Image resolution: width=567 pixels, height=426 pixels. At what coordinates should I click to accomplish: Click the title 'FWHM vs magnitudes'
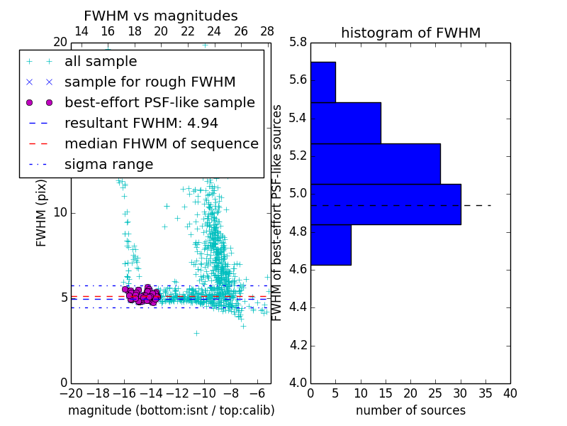[x=161, y=16]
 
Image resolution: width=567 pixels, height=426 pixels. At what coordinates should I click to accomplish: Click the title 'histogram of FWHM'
[x=410, y=33]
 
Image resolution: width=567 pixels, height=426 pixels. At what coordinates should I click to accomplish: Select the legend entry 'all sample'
[x=101, y=62]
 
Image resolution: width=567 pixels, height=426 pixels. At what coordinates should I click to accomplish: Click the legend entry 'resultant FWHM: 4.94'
[x=141, y=123]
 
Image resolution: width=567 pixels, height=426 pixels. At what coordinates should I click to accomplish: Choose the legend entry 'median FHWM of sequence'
[x=161, y=143]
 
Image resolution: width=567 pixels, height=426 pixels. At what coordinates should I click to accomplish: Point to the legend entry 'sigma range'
[x=108, y=165]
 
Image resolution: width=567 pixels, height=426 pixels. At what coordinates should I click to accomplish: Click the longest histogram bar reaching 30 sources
[x=386, y=204]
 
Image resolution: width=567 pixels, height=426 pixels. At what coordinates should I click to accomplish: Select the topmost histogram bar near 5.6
[x=322, y=82]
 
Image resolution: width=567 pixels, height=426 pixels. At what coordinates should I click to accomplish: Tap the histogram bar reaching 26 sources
[x=375, y=164]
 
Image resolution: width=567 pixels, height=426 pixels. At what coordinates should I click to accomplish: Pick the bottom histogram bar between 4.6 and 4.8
[x=330, y=245]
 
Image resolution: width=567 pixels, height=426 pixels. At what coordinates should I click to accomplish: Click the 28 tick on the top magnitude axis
[x=267, y=31]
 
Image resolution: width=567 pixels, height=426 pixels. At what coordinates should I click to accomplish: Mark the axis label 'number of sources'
[x=410, y=410]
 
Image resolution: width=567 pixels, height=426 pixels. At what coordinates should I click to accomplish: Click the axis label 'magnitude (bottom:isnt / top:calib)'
[x=171, y=410]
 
